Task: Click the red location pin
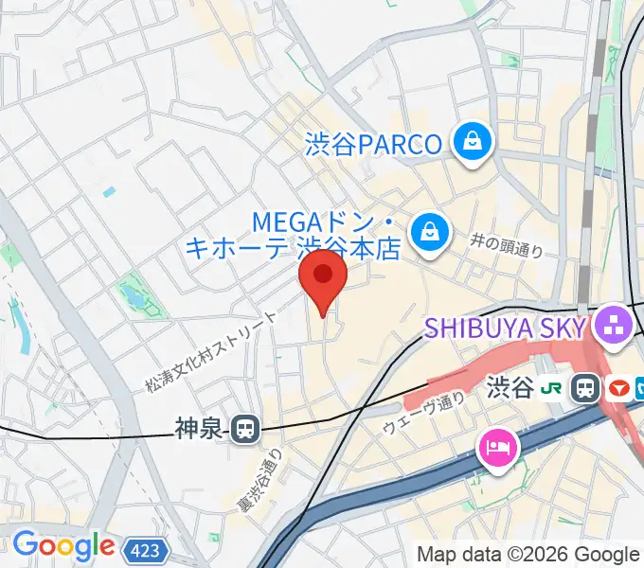tap(323, 277)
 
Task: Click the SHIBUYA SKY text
tap(505, 328)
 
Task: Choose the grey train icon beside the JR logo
tap(586, 387)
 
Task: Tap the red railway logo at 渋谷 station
tap(618, 387)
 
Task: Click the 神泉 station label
tap(197, 430)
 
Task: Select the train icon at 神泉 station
tap(245, 430)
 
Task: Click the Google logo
tap(63, 546)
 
